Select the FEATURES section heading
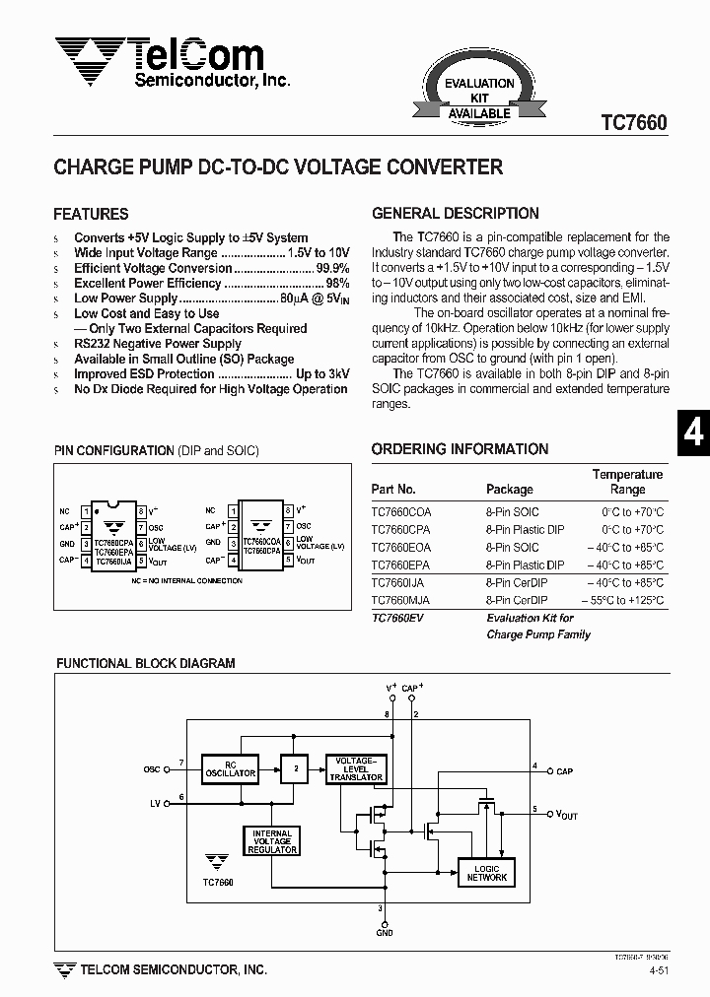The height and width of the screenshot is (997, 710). pos(91,214)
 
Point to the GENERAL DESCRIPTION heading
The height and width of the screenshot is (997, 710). pos(455,213)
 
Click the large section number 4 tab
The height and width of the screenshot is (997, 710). pos(693,433)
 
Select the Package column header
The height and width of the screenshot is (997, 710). pos(509,489)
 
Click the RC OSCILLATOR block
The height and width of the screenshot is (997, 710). pos(229,768)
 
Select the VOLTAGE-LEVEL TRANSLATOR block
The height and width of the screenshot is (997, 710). pos(355,768)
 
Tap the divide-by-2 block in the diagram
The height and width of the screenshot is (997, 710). pos(293,768)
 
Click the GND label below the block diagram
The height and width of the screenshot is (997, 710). pos(384,932)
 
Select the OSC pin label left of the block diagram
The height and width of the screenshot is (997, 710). pos(152,768)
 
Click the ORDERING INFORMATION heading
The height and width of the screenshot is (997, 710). pos(460,449)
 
